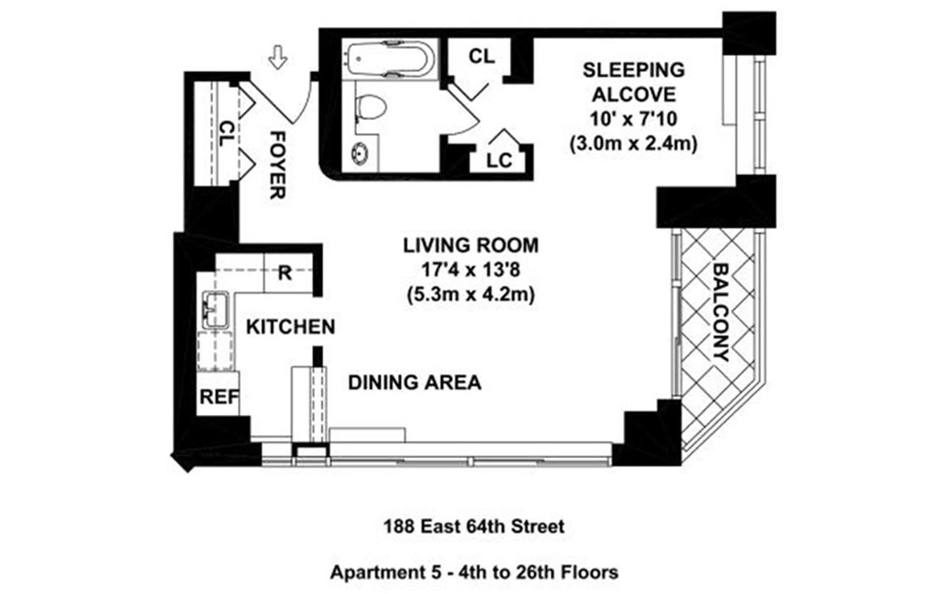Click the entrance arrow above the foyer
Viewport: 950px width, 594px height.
[x=278, y=57]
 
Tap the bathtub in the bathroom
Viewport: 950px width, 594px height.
[x=389, y=60]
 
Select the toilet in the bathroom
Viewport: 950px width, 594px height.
[x=370, y=107]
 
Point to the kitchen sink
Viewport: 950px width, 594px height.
[x=215, y=309]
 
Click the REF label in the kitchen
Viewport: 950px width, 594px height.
[x=219, y=397]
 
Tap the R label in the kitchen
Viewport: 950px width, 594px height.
[x=285, y=273]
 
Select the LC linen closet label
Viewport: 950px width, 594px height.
[x=499, y=161]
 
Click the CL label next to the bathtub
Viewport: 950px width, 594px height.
[x=481, y=56]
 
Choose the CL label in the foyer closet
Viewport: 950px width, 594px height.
[x=226, y=134]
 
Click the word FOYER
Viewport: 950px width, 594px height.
[x=278, y=165]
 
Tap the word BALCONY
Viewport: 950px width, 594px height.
[x=721, y=312]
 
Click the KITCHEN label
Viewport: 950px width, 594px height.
[x=290, y=327]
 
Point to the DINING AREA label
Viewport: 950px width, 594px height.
[x=415, y=383]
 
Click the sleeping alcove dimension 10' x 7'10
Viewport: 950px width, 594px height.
[x=633, y=119]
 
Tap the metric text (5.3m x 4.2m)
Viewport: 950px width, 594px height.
[x=471, y=295]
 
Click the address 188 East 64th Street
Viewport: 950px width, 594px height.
[x=474, y=526]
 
